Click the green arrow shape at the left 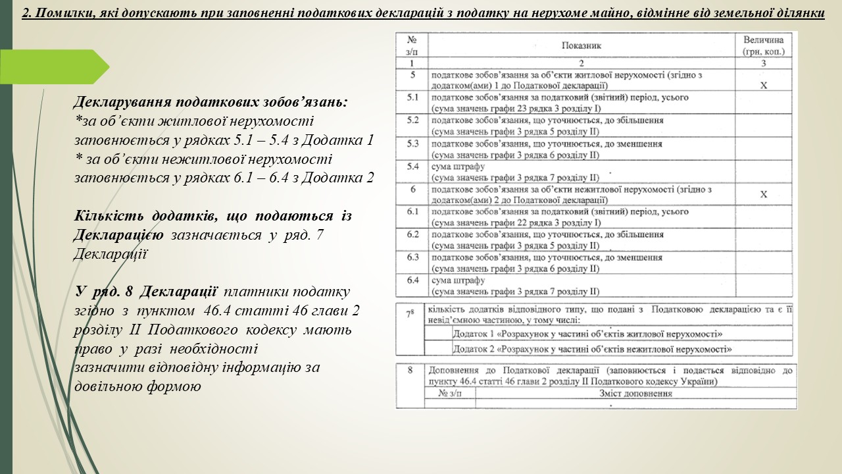56,67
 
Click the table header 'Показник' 582,45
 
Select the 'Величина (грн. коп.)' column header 763,45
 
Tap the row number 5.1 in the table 413,98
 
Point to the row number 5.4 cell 413,167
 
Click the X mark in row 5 763,86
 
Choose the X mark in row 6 763,195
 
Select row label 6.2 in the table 413,234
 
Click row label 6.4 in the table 413,280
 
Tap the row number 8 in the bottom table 410,371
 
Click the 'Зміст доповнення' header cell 635,394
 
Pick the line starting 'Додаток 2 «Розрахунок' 592,350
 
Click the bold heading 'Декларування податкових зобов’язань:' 211,103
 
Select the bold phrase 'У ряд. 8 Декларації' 147,292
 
